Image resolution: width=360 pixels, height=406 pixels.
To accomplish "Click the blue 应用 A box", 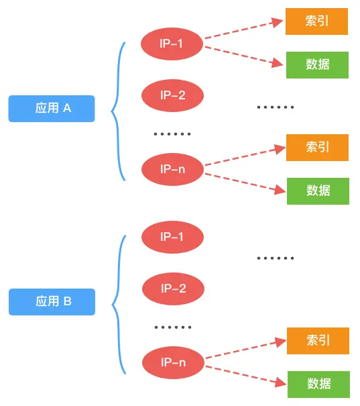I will pos(52,108).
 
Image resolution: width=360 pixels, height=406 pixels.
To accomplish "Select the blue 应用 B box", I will pos(52,301).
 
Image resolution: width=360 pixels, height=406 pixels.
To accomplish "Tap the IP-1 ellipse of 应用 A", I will pos(172,44).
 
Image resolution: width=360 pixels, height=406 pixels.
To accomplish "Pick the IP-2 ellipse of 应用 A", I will pos(172,95).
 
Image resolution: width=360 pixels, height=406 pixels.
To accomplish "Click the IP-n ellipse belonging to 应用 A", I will pos(172,168).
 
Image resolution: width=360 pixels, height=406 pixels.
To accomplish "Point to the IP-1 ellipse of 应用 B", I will pos(172,237).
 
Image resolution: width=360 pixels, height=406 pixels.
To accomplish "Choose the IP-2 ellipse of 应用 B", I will pos(173,289).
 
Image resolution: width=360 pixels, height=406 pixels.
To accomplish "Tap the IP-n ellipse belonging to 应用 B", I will pos(173,362).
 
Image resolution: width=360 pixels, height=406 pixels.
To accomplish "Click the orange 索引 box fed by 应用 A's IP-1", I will pos(317,21).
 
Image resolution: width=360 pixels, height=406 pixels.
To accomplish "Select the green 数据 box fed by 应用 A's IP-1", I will pos(317,64).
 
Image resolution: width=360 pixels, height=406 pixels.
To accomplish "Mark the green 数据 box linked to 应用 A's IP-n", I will pos(318,191).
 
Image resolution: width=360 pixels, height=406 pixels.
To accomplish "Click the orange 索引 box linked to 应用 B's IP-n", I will pos(318,340).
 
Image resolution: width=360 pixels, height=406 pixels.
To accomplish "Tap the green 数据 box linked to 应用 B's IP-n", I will pos(318,383).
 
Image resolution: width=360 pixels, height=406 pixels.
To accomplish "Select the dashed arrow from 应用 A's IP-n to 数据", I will pos(243,183).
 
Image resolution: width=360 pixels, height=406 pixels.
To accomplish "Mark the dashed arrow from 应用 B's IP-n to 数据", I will pos(244,376).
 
